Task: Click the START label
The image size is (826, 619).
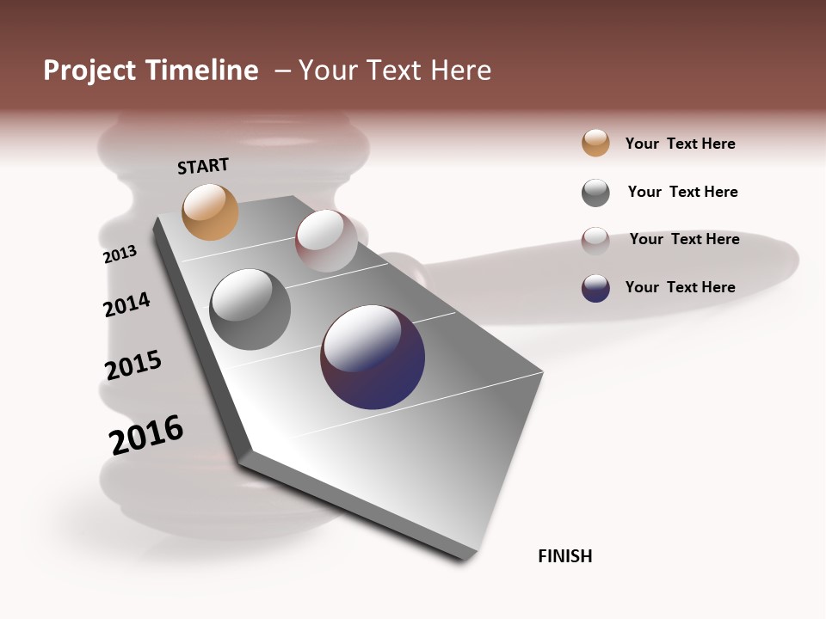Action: click(203, 166)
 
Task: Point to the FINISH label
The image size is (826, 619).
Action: click(565, 556)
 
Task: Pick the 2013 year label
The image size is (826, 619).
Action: click(120, 254)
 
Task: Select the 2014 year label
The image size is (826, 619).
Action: click(126, 304)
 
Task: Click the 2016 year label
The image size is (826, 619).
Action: click(146, 435)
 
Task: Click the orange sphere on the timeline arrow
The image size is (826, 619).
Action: click(210, 211)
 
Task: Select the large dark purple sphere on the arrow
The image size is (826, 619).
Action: click(373, 357)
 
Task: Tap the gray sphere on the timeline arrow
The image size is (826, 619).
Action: click(250, 309)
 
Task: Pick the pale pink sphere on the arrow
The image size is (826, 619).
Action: click(326, 241)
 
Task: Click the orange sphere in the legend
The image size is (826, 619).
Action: click(595, 143)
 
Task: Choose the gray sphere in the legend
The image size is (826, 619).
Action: click(595, 193)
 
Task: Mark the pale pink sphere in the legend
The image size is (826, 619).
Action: click(595, 241)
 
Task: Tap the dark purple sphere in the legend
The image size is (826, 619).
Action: click(595, 288)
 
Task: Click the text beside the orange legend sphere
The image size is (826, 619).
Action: click(681, 144)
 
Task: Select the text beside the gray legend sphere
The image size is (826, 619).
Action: click(683, 192)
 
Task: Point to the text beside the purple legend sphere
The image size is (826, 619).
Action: click(681, 287)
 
